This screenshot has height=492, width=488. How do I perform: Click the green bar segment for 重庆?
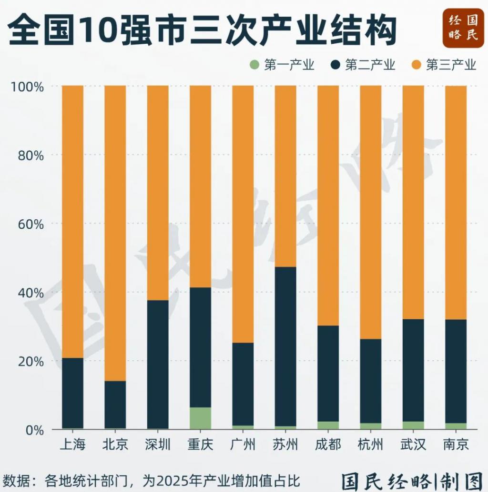[200, 418]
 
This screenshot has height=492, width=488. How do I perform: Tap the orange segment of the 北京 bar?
[115, 233]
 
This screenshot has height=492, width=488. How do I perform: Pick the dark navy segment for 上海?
[72, 393]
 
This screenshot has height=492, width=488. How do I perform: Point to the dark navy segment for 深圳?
[158, 364]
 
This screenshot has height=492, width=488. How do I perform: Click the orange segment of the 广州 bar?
[243, 214]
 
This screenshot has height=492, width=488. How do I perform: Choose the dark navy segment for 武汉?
[413, 370]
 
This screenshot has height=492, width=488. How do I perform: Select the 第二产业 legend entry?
[363, 65]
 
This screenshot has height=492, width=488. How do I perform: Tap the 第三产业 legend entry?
[444, 65]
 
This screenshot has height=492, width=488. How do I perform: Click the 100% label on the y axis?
[28, 87]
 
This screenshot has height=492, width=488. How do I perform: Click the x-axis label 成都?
[328, 445]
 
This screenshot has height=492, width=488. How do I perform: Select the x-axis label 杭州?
[370, 445]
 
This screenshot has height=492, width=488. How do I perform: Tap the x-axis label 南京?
[456, 445]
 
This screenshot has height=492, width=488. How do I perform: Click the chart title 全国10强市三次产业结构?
[203, 30]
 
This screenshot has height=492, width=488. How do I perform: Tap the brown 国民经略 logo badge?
[463, 28]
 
